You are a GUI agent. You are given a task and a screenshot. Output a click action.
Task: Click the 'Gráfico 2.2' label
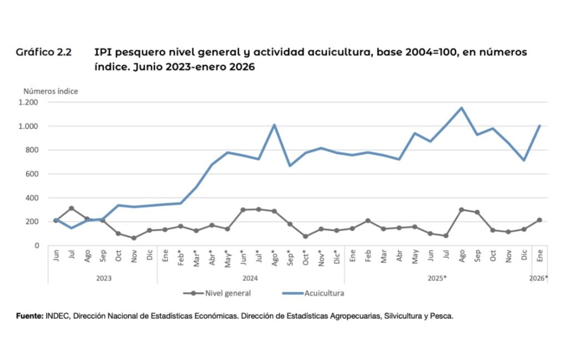coord(43,53)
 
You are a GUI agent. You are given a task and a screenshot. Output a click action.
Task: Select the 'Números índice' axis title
coord(51,91)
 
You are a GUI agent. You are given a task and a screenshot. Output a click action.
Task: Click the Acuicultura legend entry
coord(320,293)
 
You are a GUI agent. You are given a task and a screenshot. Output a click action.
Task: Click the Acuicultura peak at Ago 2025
coord(461,108)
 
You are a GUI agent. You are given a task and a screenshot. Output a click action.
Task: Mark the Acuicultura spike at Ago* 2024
coord(274,125)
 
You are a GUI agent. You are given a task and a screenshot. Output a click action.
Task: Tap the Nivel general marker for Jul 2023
coord(72,208)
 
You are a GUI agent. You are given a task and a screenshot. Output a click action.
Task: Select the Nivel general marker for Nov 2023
coord(134,238)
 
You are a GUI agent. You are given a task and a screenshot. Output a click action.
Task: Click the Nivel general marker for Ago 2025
coord(461,209)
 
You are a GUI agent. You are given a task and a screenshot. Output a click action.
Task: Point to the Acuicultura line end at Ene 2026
coord(539,126)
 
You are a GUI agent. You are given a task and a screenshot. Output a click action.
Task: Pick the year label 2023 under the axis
coord(103,278)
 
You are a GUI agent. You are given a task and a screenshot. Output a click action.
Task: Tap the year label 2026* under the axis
coord(538,278)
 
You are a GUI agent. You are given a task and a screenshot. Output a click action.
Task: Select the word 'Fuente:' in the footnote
coord(29,316)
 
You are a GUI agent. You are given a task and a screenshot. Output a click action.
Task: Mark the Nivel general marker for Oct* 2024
coord(306,236)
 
